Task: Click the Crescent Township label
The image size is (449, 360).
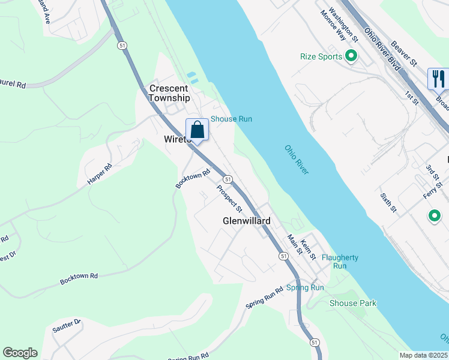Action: point(169,93)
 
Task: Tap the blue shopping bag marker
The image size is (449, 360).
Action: point(197,130)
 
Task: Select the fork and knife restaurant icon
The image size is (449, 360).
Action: point(438,79)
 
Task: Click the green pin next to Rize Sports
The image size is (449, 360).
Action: point(351,57)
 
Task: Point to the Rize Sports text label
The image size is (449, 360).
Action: point(321,57)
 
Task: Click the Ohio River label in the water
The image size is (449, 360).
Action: point(297,160)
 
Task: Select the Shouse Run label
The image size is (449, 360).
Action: point(231,119)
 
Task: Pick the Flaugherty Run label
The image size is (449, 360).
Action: point(340,262)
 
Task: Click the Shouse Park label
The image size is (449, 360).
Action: point(353,303)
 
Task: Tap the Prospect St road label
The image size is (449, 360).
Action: point(229,199)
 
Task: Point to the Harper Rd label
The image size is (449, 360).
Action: point(100,173)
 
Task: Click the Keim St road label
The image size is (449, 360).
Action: point(308,249)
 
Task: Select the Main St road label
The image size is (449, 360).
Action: point(294,244)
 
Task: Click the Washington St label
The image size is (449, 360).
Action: point(344,26)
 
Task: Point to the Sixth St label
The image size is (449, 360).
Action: point(388,203)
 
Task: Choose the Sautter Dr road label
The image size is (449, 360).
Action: point(67,327)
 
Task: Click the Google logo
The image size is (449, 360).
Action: point(20,353)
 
